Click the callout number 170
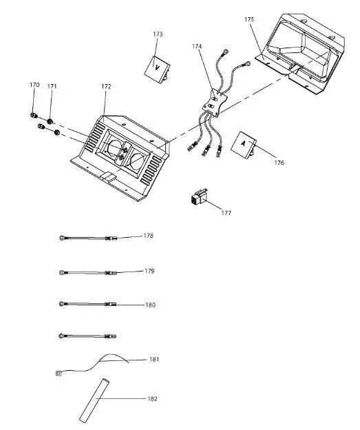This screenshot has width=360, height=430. (x=34, y=85)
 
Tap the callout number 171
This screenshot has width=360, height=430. (x=52, y=86)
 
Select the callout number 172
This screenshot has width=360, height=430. (x=106, y=86)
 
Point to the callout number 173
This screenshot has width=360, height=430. (x=158, y=34)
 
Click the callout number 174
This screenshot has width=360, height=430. (x=197, y=46)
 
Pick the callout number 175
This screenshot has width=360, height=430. (x=249, y=19)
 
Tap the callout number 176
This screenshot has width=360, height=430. (x=279, y=163)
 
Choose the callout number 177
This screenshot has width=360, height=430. (x=226, y=213)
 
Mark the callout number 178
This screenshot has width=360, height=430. (x=148, y=236)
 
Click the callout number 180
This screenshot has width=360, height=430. (x=150, y=305)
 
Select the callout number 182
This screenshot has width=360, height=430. (x=152, y=398)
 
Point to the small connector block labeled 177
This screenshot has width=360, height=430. (x=199, y=196)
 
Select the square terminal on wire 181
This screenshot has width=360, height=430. (x=58, y=373)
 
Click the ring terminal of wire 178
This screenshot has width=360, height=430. (x=62, y=238)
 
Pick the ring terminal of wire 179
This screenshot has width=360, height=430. (x=62, y=272)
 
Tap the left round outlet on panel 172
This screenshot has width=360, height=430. (x=114, y=147)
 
